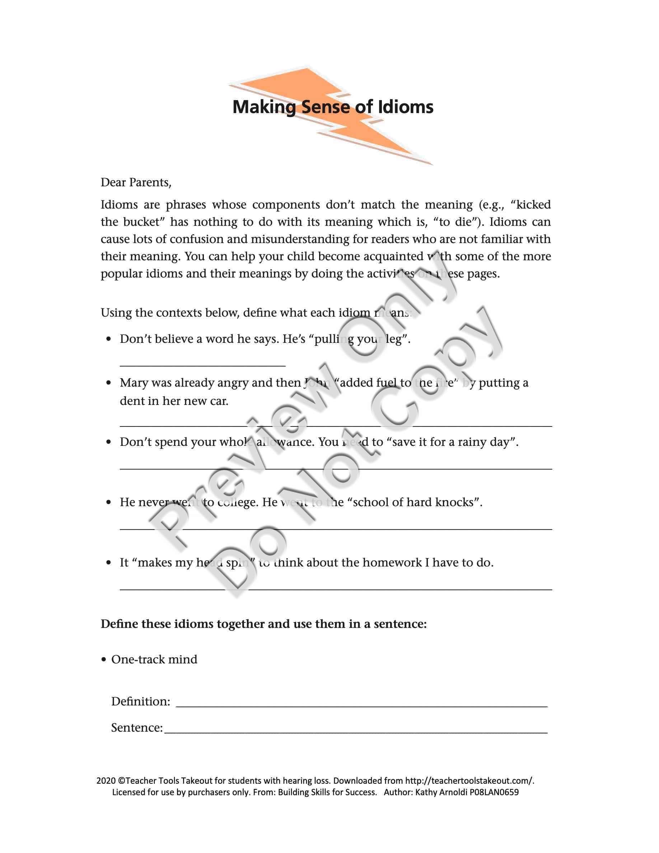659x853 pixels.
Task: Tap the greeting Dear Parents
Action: point(136,182)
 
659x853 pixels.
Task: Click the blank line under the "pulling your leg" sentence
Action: point(203,365)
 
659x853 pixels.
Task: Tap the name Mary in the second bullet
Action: point(134,383)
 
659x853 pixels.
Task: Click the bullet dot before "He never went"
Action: point(109,503)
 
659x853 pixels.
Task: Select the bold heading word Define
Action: point(120,624)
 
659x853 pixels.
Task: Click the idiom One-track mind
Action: point(154,659)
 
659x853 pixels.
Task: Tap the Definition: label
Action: point(141,701)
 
